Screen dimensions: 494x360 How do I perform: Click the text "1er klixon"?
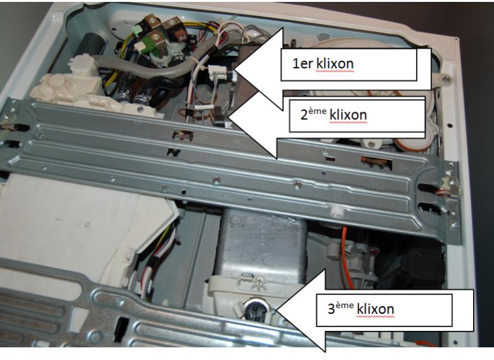click(x=323, y=64)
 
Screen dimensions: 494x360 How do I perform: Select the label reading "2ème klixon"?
click(x=334, y=115)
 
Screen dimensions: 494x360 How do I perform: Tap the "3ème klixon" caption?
click(x=361, y=309)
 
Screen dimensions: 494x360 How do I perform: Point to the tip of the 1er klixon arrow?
click(x=234, y=70)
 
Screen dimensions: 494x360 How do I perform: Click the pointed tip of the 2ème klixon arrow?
click(x=228, y=118)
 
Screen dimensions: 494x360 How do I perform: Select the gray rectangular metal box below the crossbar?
click(x=260, y=243)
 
